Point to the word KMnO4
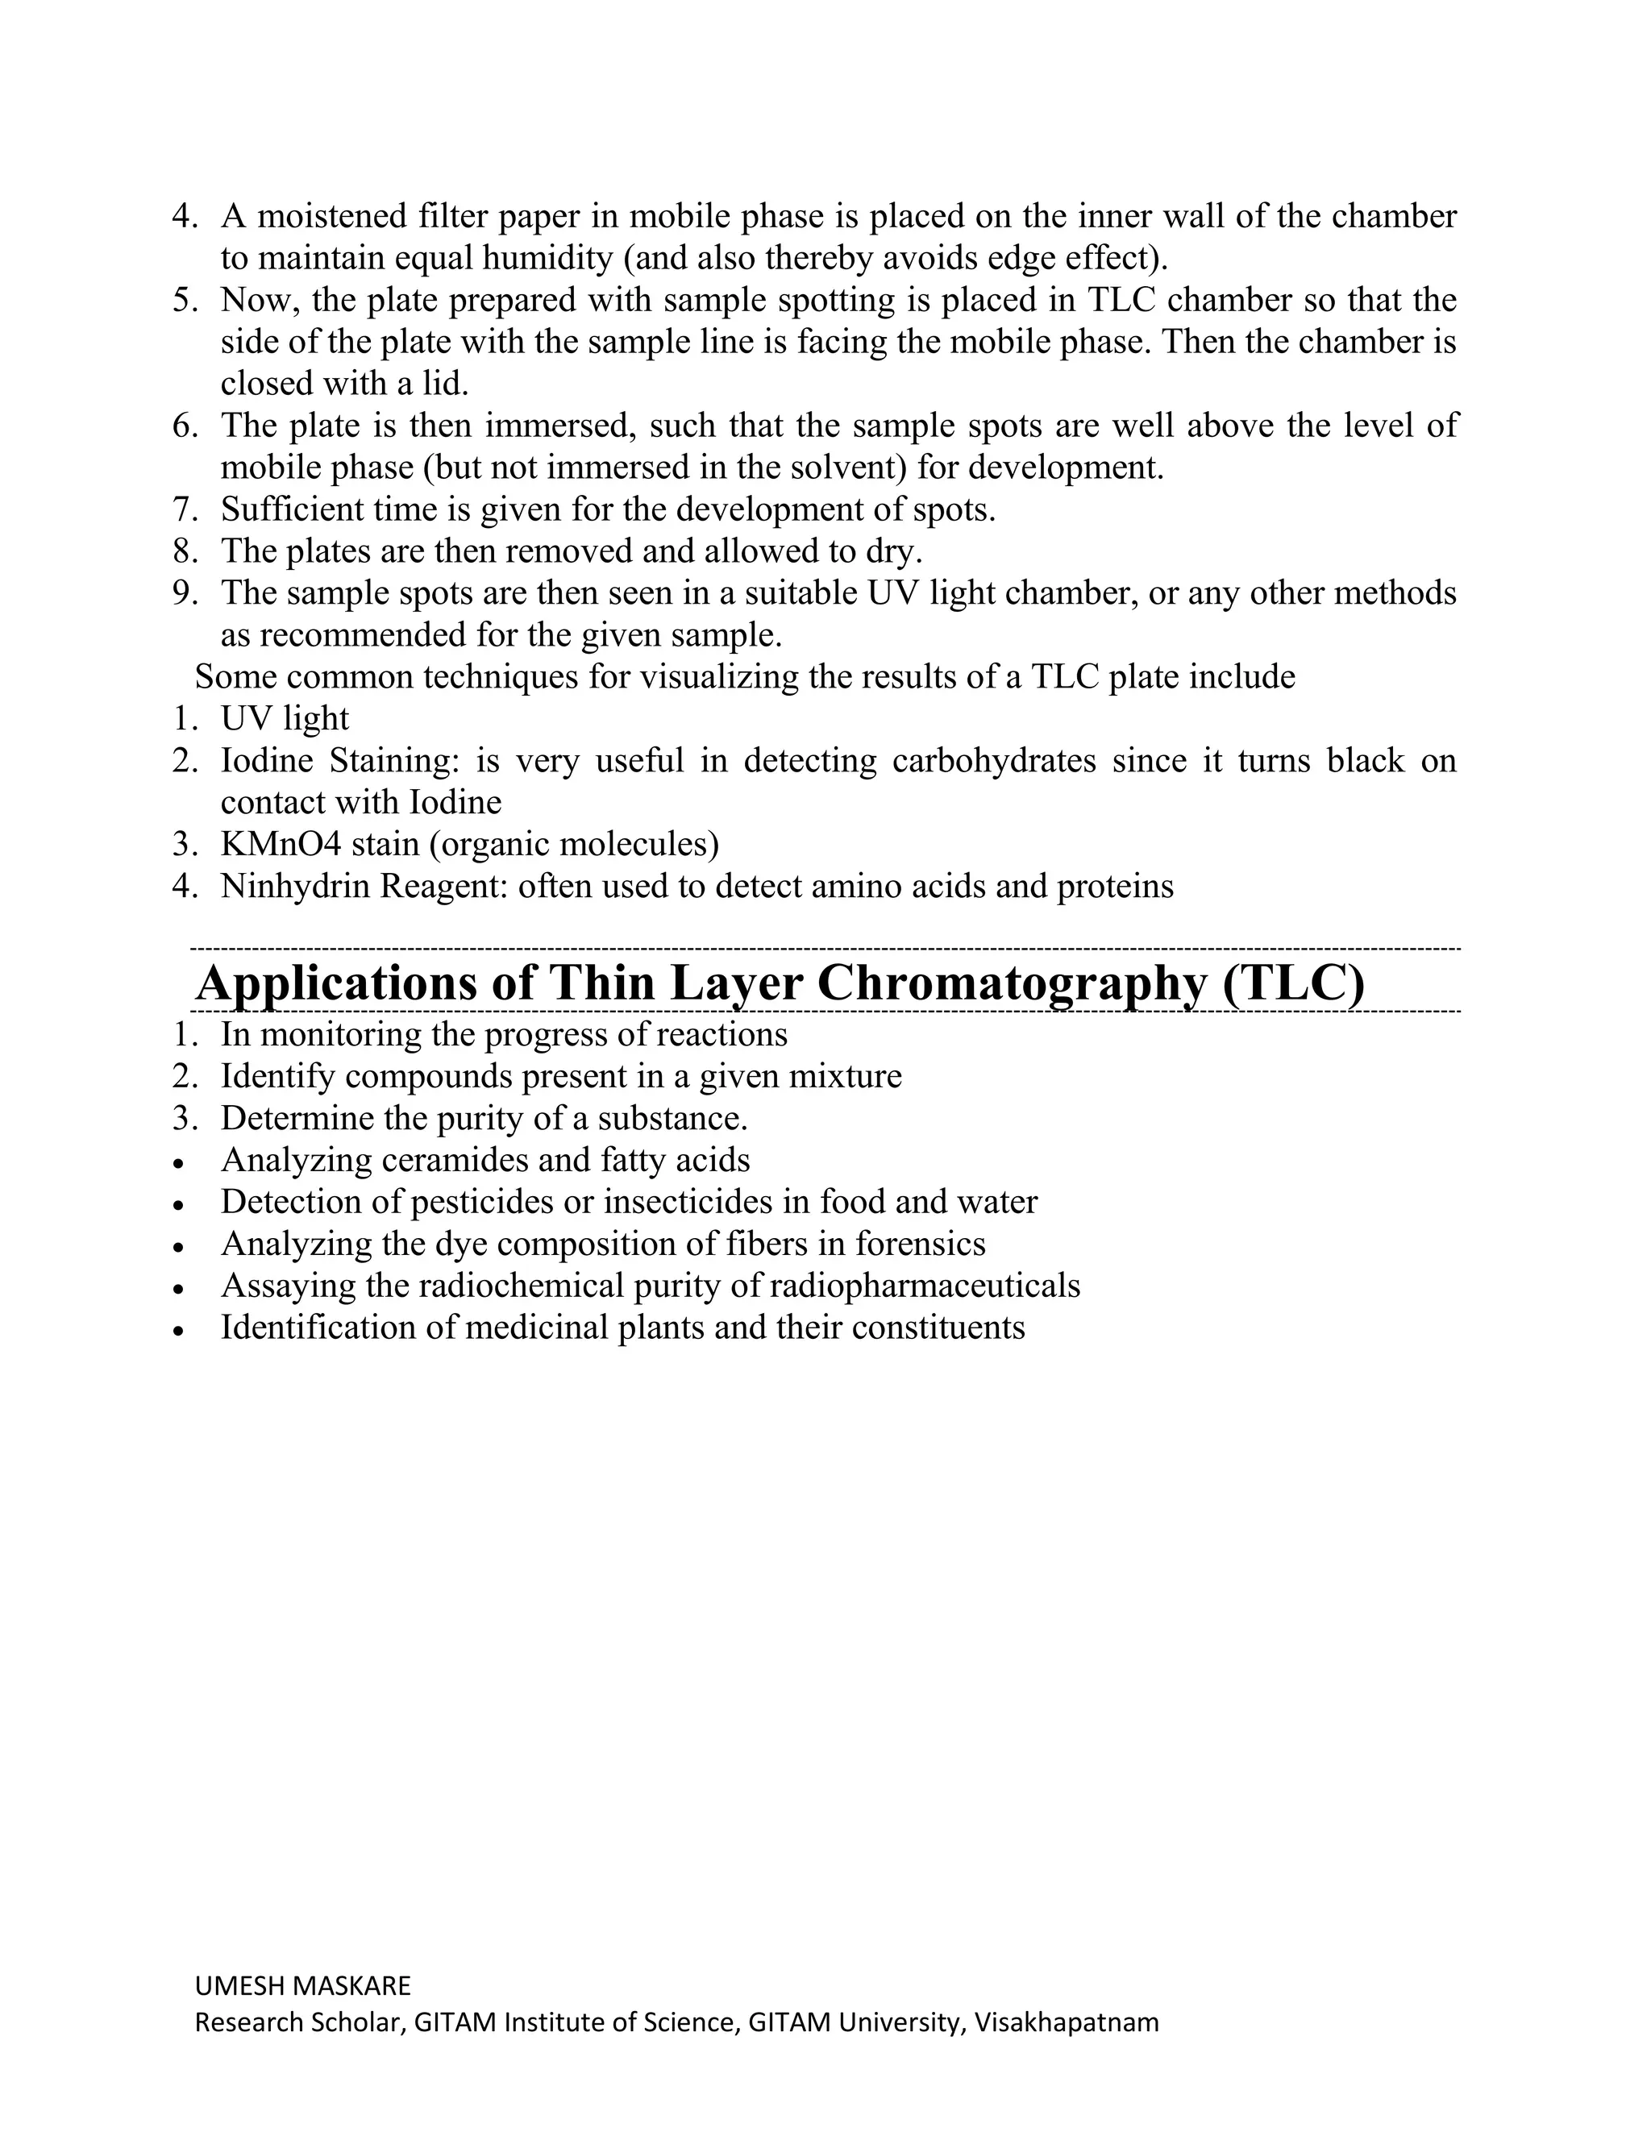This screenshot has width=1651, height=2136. [281, 844]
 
